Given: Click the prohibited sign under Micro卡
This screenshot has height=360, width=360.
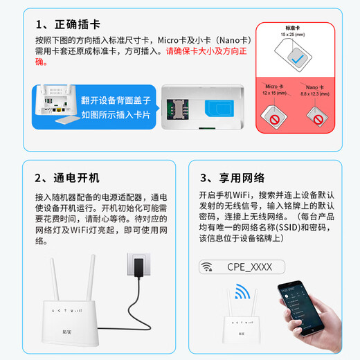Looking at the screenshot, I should click(x=275, y=120).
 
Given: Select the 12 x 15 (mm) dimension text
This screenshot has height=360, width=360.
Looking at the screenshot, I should click(x=275, y=93).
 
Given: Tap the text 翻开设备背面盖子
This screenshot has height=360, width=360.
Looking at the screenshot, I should click(x=116, y=100).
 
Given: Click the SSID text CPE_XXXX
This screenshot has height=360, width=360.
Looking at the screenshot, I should click(x=249, y=267).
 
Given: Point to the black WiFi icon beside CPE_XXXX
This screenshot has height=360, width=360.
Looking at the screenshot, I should click(x=206, y=267).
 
